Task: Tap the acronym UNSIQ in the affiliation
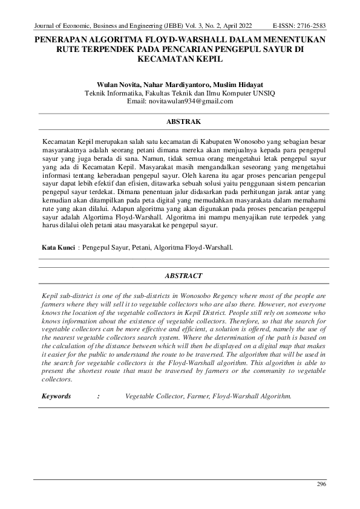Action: pos(262,94)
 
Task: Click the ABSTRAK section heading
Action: pos(184,122)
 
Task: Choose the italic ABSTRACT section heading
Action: pos(184,276)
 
